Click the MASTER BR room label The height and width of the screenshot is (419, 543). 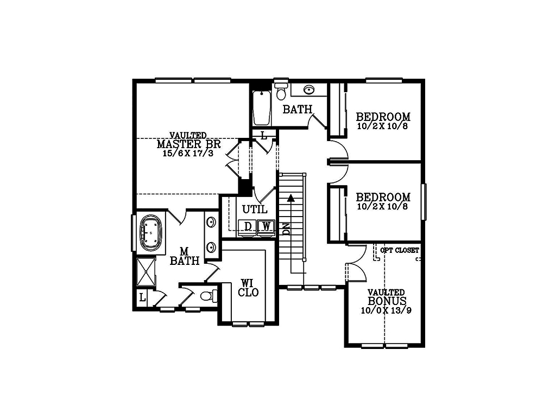189,144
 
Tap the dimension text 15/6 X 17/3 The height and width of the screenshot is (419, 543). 188,154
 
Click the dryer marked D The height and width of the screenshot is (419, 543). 247,226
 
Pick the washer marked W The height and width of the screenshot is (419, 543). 266,226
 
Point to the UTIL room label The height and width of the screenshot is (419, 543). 255,210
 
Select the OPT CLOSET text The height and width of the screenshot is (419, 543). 399,250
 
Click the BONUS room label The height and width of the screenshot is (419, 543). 387,301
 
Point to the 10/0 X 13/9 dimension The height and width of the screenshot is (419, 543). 386,310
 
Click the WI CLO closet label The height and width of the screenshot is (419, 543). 248,288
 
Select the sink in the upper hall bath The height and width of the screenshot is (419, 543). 308,90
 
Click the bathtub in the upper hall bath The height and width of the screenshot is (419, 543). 262,107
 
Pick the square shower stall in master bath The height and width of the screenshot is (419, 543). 146,272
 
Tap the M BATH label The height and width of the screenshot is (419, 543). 185,256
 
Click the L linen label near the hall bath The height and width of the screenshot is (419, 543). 264,136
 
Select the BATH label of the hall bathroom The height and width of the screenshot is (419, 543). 298,110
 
